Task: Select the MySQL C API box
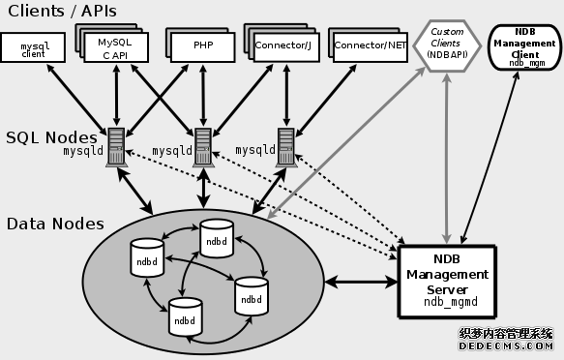[115, 48]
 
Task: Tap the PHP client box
[201, 45]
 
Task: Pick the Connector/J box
[283, 45]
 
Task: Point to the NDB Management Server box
[446, 281]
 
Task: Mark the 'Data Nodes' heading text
[55, 224]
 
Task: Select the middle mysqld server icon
[203, 147]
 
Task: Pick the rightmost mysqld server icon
[286, 147]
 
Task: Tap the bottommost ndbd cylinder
[185, 315]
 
